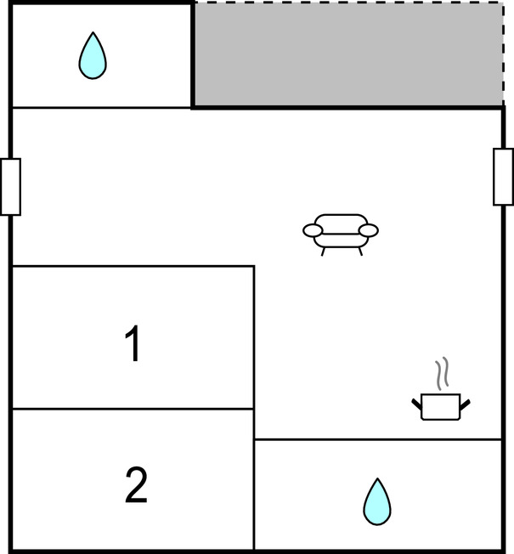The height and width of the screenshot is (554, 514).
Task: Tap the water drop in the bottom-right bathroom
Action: click(x=377, y=502)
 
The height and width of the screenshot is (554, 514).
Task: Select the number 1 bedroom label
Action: click(x=133, y=343)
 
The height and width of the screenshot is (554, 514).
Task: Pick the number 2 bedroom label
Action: click(x=136, y=484)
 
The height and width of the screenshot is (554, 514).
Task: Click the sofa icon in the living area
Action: click(x=341, y=234)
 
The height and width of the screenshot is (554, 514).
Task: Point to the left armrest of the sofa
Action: click(x=313, y=230)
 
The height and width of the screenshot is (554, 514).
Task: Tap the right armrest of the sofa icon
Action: click(x=369, y=230)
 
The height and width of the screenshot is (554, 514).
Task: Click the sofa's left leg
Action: click(x=323, y=252)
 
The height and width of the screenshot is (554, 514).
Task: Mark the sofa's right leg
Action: click(x=360, y=252)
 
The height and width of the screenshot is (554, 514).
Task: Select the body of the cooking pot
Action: click(x=441, y=407)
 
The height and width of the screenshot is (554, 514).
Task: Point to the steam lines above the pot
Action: click(x=442, y=374)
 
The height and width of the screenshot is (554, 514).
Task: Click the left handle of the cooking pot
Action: click(x=416, y=404)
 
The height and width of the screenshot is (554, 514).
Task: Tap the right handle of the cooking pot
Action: click(x=465, y=404)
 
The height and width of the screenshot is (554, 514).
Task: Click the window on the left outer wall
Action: click(x=10, y=187)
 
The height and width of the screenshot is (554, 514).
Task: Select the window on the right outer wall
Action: click(x=504, y=177)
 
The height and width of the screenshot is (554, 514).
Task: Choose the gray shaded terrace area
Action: click(x=348, y=54)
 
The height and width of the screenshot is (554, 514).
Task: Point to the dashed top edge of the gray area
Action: click(x=348, y=3)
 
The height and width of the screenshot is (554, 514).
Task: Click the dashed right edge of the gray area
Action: click(x=504, y=54)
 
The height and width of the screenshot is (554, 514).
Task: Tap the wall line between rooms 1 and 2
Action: click(x=133, y=409)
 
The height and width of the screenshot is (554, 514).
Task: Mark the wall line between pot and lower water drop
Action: click(x=377, y=439)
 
